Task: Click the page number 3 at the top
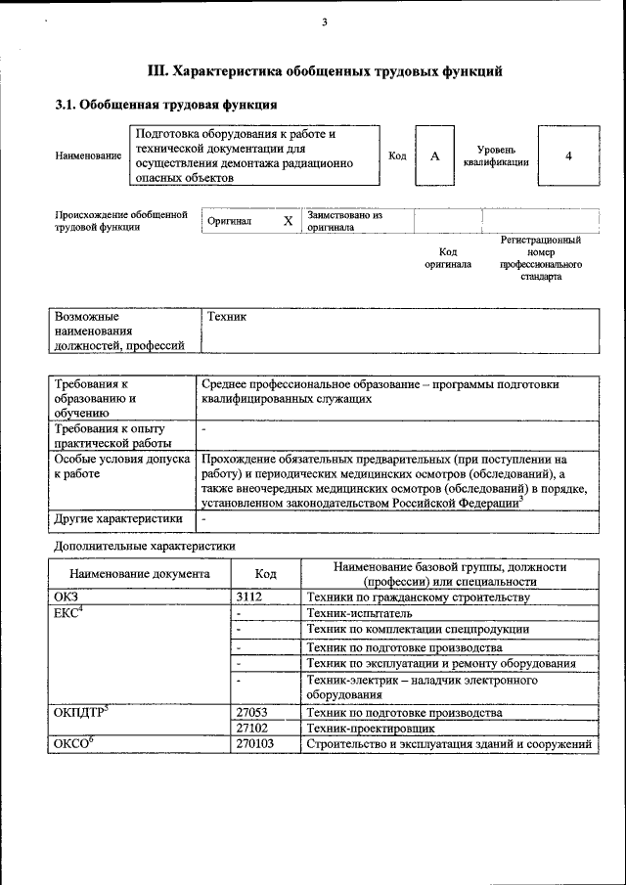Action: [324, 23]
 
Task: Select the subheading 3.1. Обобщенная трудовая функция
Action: [165, 105]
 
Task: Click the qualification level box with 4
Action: [567, 156]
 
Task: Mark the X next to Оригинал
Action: [288, 221]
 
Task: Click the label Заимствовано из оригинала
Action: [344, 220]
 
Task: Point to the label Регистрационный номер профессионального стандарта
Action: [541, 258]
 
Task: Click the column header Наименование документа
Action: [140, 574]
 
